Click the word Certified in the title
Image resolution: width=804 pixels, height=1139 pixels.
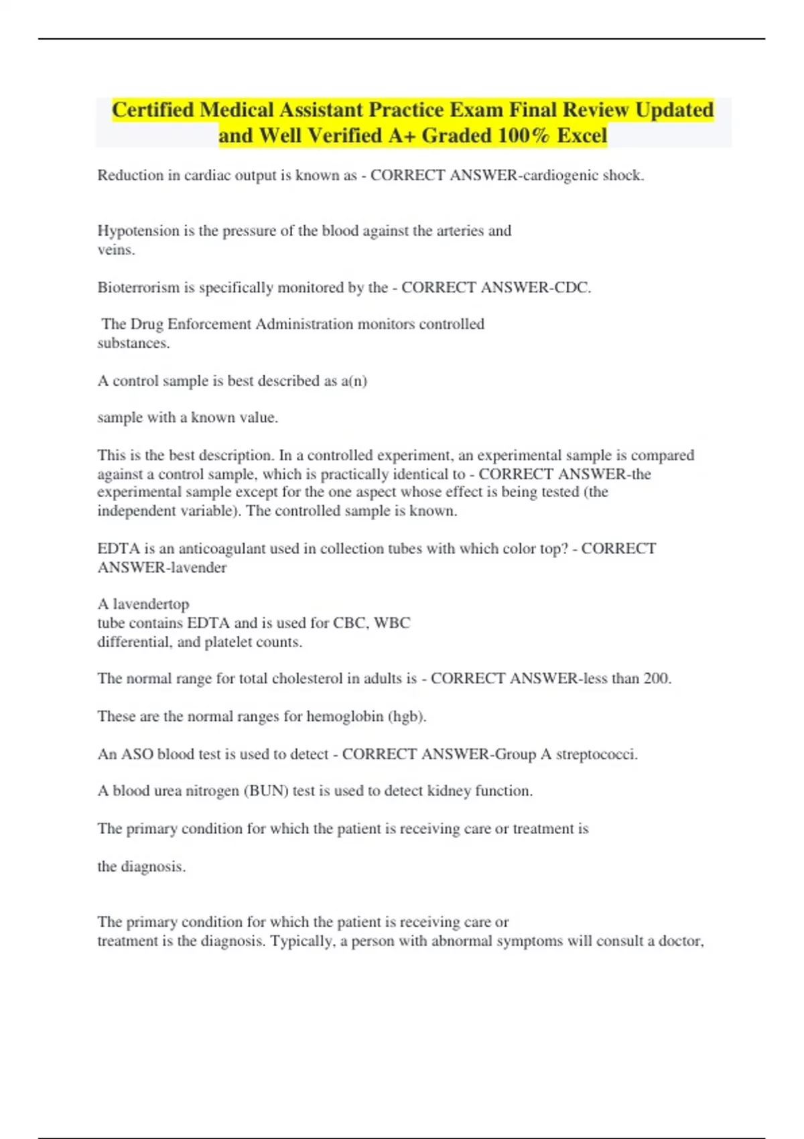click(x=153, y=110)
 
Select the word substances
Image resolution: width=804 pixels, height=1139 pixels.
click(x=133, y=343)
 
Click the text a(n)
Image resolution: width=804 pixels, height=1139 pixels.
click(x=354, y=381)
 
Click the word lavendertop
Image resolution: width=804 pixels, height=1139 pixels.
click(x=151, y=604)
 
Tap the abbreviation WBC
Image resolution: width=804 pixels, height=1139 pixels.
click(x=392, y=623)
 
